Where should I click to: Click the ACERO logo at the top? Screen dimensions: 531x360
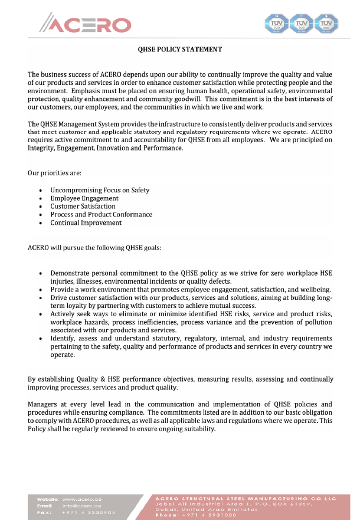tap(86, 24)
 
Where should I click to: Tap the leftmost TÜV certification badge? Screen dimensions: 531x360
tap(277, 24)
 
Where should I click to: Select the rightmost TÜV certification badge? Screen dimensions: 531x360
tap(326, 24)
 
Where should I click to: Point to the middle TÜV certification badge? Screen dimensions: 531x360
tap(302, 24)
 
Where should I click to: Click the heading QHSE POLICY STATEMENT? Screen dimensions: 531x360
tap(180, 50)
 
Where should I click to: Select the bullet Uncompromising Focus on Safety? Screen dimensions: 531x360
tap(100, 190)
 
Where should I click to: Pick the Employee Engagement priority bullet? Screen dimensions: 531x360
tap(84, 198)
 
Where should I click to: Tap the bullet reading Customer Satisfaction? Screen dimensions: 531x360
tap(83, 206)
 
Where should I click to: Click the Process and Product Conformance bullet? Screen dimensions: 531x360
tap(101, 215)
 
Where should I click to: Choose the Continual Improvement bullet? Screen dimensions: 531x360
tap(86, 223)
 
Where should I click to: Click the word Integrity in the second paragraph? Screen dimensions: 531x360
tap(41, 148)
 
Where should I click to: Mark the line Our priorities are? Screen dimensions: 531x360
tap(55, 173)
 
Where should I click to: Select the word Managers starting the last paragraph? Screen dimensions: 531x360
tap(43, 404)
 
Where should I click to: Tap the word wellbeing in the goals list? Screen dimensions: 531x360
tap(316, 290)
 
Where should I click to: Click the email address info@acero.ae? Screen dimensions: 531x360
tap(82, 506)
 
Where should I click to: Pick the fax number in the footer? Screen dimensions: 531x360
tap(89, 513)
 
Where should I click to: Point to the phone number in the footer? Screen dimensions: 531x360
tap(208, 515)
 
